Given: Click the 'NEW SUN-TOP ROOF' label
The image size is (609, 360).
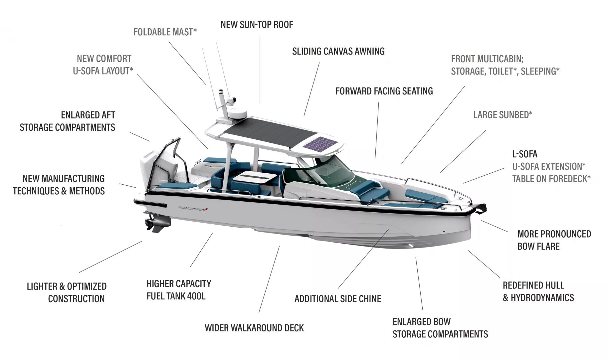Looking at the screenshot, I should (257, 25).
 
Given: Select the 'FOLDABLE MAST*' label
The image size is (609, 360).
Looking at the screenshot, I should (165, 32).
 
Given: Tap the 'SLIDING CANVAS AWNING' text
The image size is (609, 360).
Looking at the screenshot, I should (338, 51).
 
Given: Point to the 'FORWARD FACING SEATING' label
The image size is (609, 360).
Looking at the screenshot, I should (384, 91).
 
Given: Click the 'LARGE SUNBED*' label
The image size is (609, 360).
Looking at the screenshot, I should (503, 115).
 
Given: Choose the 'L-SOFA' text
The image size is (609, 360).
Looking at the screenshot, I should (524, 154).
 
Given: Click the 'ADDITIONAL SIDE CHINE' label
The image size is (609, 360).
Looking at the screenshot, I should (337, 299).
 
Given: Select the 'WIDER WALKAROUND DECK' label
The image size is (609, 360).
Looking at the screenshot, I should (254, 328).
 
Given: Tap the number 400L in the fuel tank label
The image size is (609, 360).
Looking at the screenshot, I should (196, 296).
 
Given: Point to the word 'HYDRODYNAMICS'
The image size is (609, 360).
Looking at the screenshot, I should (542, 298).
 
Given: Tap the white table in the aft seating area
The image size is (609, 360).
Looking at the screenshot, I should (255, 177).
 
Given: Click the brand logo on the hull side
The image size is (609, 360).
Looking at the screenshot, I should (193, 209).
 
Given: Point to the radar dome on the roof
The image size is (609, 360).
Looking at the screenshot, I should (237, 113).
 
